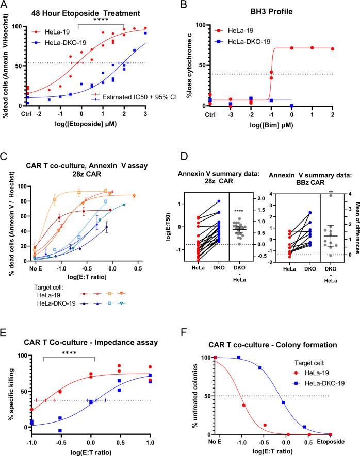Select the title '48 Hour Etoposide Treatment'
[79, 13]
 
